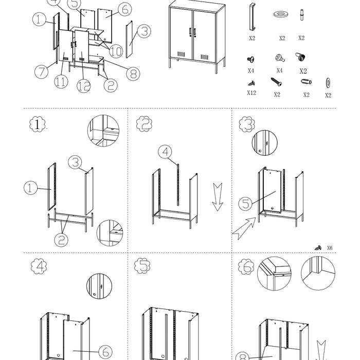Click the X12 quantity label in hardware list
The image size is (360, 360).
251,93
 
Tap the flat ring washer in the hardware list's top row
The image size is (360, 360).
281,13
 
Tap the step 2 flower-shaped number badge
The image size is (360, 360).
143,123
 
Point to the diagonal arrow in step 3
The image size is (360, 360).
244,228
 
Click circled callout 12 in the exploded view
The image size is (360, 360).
84,86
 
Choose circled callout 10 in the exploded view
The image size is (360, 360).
116,51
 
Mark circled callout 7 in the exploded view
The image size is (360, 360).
42,72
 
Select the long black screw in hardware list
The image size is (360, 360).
276,82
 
